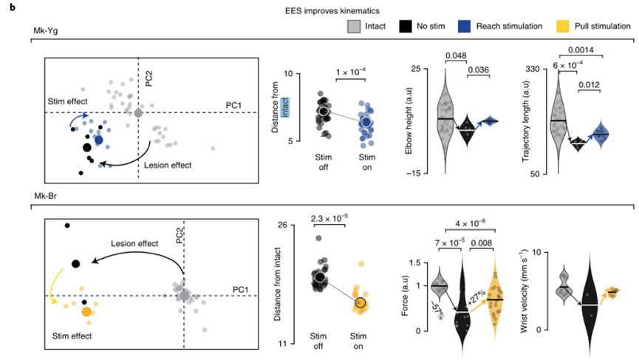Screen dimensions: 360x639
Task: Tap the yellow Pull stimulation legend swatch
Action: tap(564, 26)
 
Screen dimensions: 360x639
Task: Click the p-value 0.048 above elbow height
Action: tap(455, 55)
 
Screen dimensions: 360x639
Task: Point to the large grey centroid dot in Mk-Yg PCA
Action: tap(138, 112)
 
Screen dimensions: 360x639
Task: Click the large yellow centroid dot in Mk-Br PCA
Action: tap(86, 313)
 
